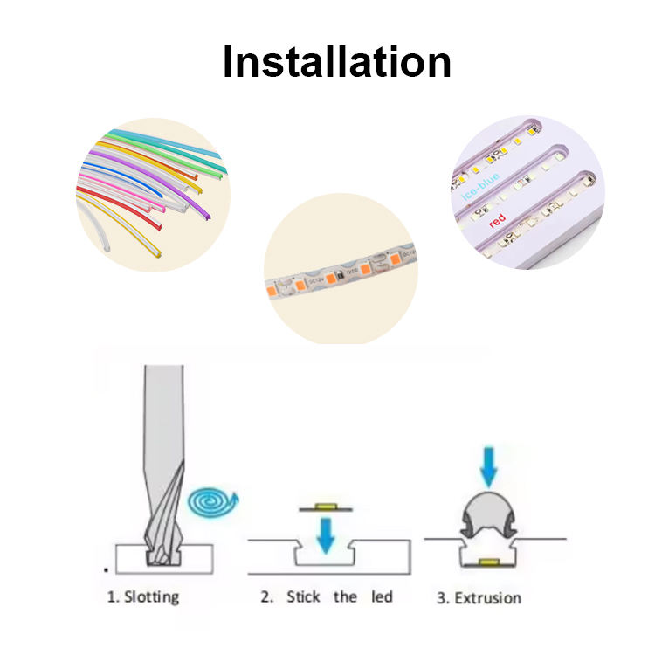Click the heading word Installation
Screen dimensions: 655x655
point(336,63)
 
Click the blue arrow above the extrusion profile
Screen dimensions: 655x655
point(488,468)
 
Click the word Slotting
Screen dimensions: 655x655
point(152,597)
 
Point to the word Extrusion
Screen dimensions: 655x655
point(489,598)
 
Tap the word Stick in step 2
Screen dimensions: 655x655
point(304,597)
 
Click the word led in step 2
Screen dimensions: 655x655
point(382,597)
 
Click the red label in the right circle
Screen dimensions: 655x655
point(497,221)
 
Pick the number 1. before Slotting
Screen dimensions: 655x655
point(113,597)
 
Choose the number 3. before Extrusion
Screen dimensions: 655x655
point(444,598)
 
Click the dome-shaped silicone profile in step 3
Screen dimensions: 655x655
point(488,514)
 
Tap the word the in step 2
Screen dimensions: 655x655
point(345,597)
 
